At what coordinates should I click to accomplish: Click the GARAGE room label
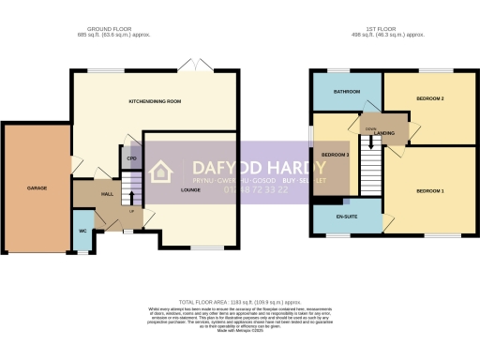tap(37, 188)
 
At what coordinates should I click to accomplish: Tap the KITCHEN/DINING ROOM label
tap(155, 100)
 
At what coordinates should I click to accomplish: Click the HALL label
tap(107, 194)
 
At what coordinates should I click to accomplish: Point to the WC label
tap(82, 229)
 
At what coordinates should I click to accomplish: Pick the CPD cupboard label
tap(131, 158)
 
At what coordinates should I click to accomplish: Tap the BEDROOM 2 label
tap(429, 98)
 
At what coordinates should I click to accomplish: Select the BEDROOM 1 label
tap(429, 190)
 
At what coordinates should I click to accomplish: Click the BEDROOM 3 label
tap(335, 154)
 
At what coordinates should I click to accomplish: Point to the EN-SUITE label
tap(347, 216)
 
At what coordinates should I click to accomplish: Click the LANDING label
tap(383, 133)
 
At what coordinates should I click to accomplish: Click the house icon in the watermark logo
tap(161, 172)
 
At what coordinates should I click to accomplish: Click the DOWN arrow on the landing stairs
tap(372, 141)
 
